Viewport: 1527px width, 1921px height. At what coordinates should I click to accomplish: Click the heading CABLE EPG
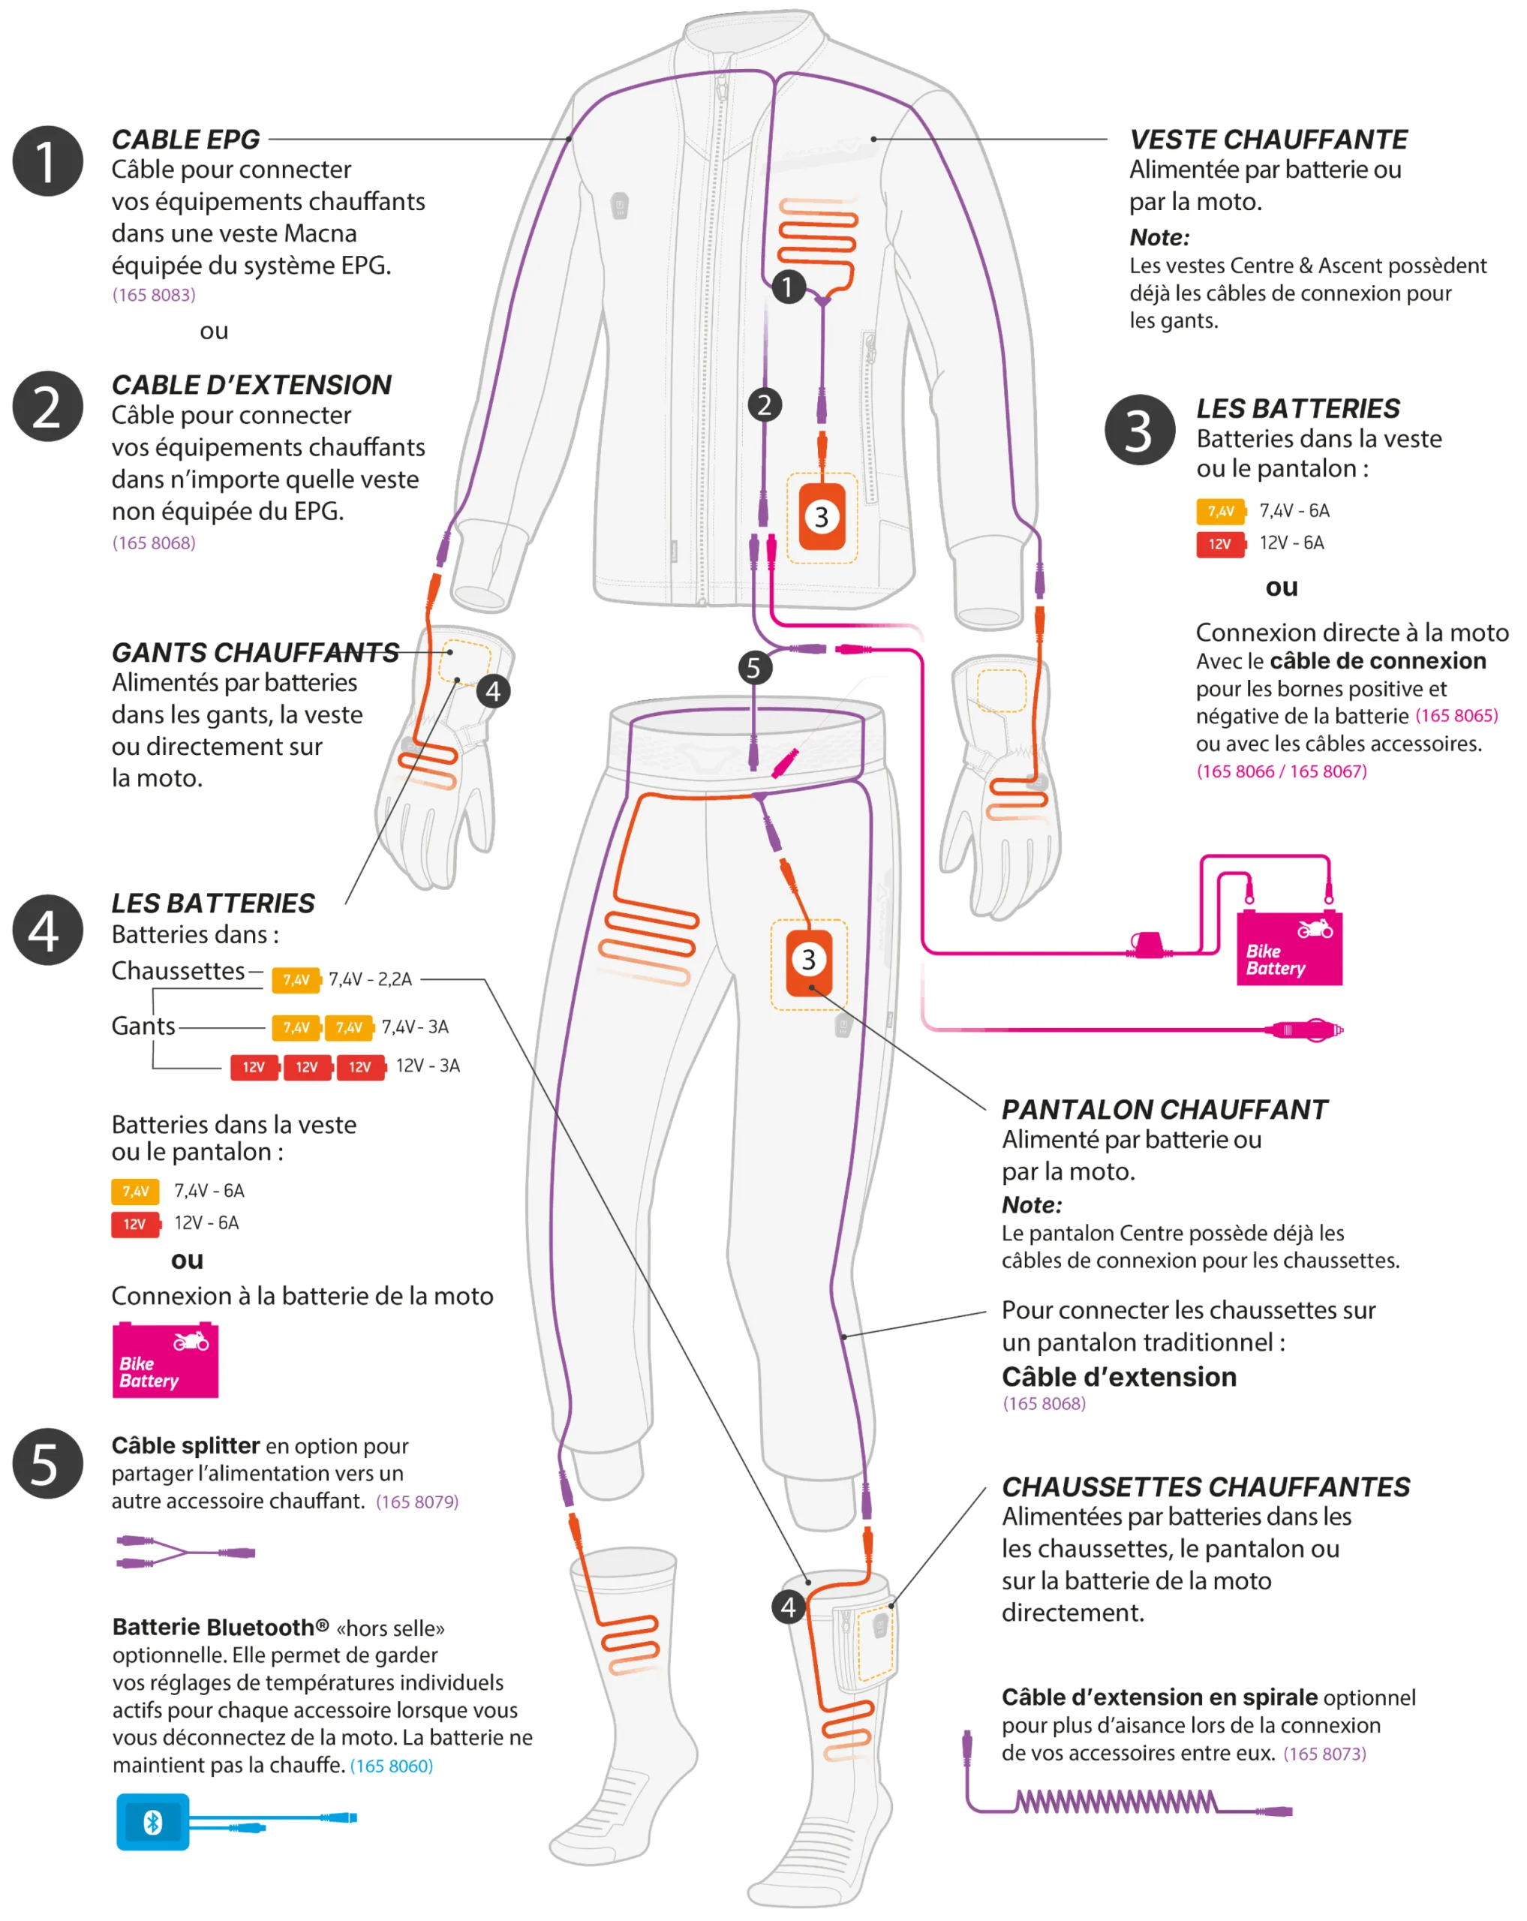pos(185,140)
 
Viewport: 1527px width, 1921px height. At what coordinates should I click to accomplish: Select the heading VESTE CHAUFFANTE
pos(1268,140)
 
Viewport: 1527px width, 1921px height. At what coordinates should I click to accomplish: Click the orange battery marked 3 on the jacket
pos(822,517)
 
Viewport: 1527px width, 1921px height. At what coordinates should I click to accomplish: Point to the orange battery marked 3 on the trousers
pos(808,961)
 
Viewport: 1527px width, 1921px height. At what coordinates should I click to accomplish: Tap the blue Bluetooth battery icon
pos(152,1822)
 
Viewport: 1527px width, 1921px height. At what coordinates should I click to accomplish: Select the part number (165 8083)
pos(153,295)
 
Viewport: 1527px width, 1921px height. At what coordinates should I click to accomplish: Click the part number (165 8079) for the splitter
pos(417,1502)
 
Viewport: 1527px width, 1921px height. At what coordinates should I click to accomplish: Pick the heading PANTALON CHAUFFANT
pos(1164,1109)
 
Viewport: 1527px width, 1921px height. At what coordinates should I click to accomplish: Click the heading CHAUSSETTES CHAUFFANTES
pos(1205,1487)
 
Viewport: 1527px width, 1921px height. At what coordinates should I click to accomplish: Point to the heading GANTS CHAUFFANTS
pos(255,652)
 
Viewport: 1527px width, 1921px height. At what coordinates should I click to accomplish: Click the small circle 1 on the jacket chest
pos(788,287)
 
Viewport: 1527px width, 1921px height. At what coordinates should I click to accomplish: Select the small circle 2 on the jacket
pos(765,405)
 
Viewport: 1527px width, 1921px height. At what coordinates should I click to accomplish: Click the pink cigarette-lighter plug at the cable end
pos(1304,1030)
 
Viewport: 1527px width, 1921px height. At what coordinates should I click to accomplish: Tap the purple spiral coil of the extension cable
pos(1117,1802)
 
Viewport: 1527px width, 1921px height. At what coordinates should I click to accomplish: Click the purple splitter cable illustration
pos(185,1552)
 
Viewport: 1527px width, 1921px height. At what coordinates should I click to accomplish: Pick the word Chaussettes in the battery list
pos(177,970)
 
